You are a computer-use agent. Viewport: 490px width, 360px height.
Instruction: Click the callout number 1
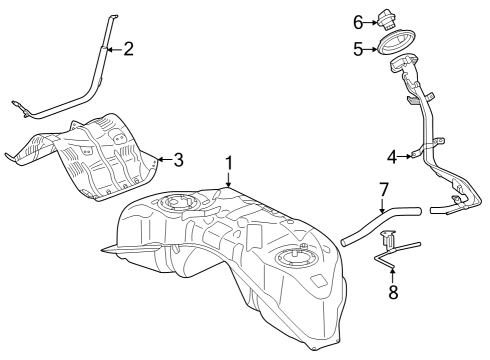click(x=228, y=161)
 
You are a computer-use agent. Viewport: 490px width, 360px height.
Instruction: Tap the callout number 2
click(x=128, y=48)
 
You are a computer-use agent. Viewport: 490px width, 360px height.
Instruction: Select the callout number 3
click(x=178, y=158)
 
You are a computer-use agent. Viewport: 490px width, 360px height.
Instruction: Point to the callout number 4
click(x=392, y=156)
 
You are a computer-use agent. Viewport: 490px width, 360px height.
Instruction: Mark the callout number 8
click(x=392, y=293)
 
